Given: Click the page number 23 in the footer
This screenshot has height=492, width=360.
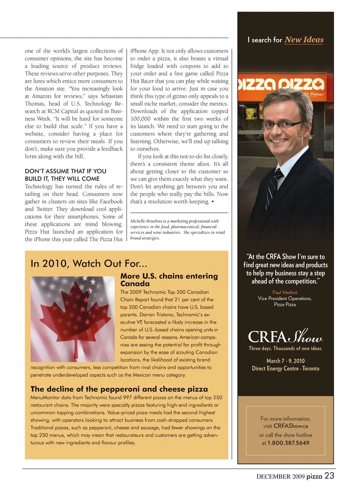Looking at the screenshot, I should [x=329, y=476].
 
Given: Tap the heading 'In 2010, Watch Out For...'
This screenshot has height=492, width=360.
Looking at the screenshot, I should [x=89, y=263].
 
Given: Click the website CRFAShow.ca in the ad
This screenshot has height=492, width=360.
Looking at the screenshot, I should [x=291, y=426].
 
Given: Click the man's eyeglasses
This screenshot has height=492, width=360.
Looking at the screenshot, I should [x=282, y=123].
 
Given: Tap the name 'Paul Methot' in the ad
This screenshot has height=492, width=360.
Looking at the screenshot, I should [x=285, y=292].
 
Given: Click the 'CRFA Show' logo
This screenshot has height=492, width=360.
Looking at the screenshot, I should [x=285, y=336].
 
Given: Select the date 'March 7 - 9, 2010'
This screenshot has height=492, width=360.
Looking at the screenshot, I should [x=285, y=361].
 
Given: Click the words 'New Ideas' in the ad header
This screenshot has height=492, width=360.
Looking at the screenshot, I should [x=304, y=40].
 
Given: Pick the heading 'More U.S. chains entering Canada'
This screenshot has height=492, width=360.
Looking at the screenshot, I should [x=169, y=280].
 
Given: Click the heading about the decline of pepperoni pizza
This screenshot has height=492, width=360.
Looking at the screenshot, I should [x=119, y=389].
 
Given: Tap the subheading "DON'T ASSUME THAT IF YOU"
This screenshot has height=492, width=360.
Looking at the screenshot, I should [x=66, y=171].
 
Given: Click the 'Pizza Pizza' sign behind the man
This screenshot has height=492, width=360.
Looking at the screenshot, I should [x=281, y=84].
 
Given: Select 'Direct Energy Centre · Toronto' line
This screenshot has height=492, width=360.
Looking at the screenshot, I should [x=285, y=369].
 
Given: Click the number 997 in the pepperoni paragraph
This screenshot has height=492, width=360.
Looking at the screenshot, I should [x=127, y=397].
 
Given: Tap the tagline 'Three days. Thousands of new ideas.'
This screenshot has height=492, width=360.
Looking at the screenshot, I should [x=285, y=348].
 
